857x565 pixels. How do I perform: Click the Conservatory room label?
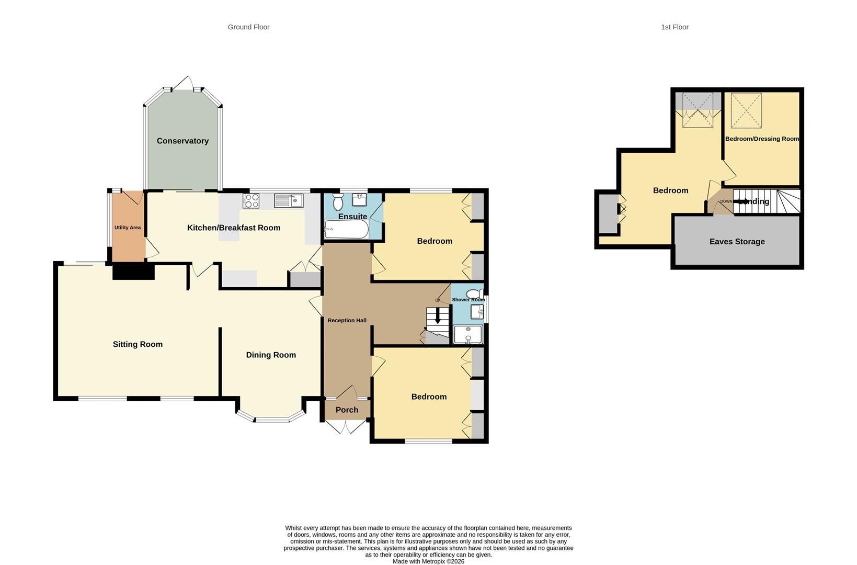pyautogui.click(x=182, y=141)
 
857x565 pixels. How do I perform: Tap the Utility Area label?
pyautogui.click(x=128, y=228)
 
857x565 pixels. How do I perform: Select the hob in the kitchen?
pyautogui.click(x=251, y=200)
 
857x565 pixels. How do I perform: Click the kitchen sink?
pyautogui.click(x=288, y=200)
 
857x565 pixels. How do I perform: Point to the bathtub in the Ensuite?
pyautogui.click(x=346, y=229)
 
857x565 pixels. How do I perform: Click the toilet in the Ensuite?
pyautogui.click(x=337, y=201)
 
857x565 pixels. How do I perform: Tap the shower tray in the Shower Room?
pyautogui.click(x=467, y=334)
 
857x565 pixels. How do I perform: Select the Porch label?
pyautogui.click(x=347, y=410)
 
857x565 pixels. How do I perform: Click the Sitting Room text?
pyautogui.click(x=138, y=344)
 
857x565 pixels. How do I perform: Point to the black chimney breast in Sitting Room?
pyautogui.click(x=133, y=272)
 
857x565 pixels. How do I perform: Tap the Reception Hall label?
pyautogui.click(x=347, y=320)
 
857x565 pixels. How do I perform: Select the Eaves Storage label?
pyautogui.click(x=737, y=242)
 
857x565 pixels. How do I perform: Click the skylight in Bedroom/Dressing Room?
pyautogui.click(x=746, y=110)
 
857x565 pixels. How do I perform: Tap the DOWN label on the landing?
pyautogui.click(x=726, y=201)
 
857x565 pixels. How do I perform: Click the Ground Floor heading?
pyautogui.click(x=248, y=27)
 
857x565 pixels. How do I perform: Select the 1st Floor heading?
pyautogui.click(x=675, y=27)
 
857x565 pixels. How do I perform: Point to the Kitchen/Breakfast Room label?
pyautogui.click(x=234, y=228)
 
